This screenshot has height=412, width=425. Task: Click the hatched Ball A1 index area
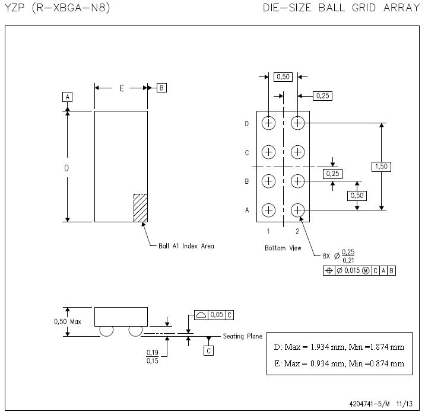(x=140, y=207)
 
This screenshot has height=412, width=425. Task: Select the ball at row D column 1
(x=269, y=123)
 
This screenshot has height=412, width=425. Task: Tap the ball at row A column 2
(x=297, y=210)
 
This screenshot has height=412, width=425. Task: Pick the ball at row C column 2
(x=297, y=152)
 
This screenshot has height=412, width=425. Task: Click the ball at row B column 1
(x=269, y=181)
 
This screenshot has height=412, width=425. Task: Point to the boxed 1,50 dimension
(x=380, y=167)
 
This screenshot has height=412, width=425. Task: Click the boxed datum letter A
(x=68, y=97)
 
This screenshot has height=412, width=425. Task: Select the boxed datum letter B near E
(x=161, y=88)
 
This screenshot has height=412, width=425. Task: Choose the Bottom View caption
(x=283, y=248)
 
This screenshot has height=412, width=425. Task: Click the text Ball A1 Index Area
(x=186, y=245)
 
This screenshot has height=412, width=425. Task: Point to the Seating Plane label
(x=242, y=336)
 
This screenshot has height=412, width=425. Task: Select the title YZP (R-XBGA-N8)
(x=57, y=9)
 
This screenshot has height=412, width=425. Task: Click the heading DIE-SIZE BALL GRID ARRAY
(x=340, y=9)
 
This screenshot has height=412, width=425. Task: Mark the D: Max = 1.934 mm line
(x=339, y=347)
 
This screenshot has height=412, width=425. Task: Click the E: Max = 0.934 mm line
(x=339, y=363)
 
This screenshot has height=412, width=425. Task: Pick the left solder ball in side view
(x=106, y=331)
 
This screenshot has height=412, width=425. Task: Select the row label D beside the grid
(x=246, y=124)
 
